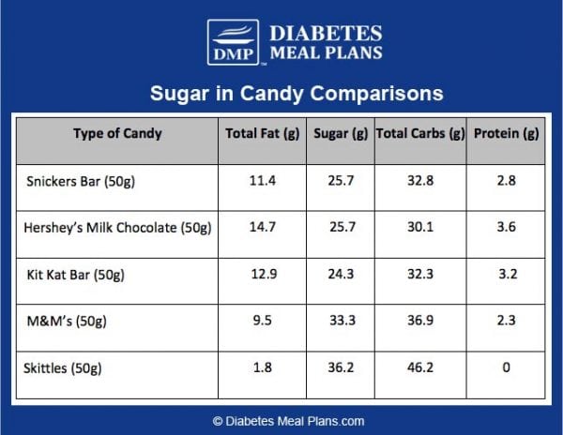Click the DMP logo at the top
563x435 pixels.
232,42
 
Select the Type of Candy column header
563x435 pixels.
117,133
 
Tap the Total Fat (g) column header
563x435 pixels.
262,133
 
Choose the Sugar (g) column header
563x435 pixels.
339,133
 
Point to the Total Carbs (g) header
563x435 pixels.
420,133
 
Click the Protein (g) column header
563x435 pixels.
506,133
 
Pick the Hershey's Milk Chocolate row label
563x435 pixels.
119,228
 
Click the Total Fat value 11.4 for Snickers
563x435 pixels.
262,181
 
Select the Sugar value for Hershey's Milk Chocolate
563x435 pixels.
339,228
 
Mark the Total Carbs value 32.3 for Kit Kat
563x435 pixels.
420,275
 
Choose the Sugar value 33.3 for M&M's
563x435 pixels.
339,321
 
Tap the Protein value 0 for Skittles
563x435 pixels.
506,367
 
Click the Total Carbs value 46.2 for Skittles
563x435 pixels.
420,367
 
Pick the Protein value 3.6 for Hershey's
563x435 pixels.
506,228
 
